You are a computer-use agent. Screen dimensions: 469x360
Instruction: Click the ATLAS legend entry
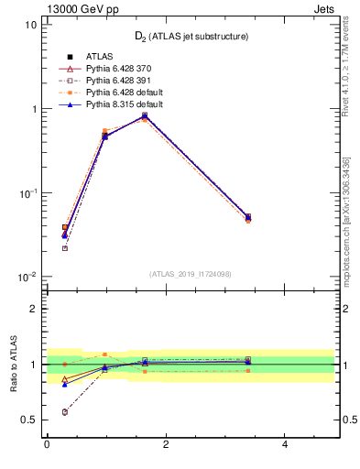pyautogui.click(x=100, y=57)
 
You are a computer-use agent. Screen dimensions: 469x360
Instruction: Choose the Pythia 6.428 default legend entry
pyautogui.click(x=124, y=93)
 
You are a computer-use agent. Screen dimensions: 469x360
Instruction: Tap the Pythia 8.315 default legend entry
pyautogui.click(x=124, y=104)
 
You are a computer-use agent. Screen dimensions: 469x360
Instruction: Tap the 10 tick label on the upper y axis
pyautogui.click(x=31, y=25)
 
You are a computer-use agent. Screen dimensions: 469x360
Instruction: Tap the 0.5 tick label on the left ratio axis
pyautogui.click(x=29, y=420)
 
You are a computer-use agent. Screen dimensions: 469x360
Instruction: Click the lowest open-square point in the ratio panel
pyautogui.click(x=64, y=412)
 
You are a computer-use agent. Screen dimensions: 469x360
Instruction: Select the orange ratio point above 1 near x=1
pyautogui.click(x=104, y=354)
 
